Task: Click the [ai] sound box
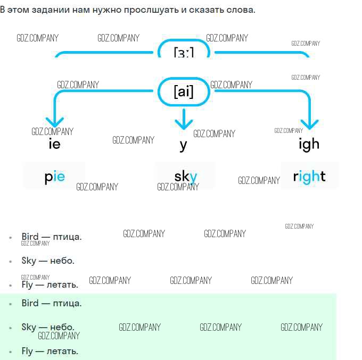pos(183,92)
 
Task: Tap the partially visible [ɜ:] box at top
pos(183,52)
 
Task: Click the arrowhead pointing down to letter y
pos(184,122)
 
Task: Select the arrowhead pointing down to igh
pos(309,122)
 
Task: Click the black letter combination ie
pos(54,144)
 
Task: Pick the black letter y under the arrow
pos(183,145)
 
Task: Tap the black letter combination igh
pos(309,144)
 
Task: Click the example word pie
pos(54,177)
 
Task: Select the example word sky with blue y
pos(186,177)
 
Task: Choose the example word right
pos(309,177)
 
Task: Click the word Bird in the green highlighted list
pos(30,303)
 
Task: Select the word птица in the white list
pos(67,237)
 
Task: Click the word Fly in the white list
pos(27,284)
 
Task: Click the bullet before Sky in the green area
pos(11,328)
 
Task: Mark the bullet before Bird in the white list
pos(11,238)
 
